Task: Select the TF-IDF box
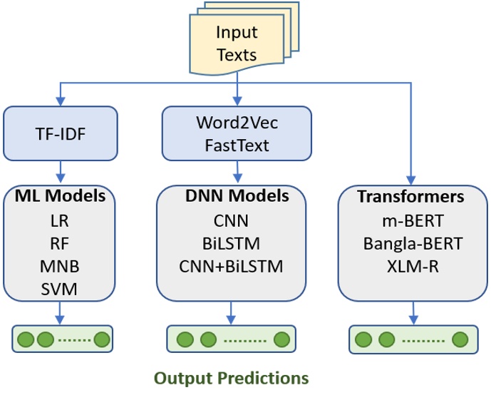pos(61,133)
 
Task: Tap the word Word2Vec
pos(237,123)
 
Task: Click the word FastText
pos(237,145)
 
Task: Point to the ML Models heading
pos(61,196)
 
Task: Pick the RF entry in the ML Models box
pos(61,243)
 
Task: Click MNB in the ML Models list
pos(61,266)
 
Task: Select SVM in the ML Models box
pos(61,289)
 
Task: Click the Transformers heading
pos(411,196)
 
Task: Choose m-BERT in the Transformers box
pos(411,220)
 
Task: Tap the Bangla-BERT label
pos(413,243)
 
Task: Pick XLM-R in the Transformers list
pos(411,267)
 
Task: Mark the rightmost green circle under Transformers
pos(460,339)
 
